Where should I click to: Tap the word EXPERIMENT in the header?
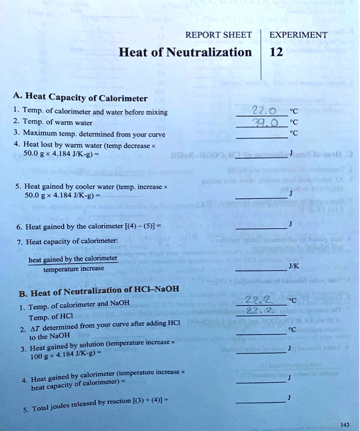pos(298,35)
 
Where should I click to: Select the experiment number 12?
pos(276,52)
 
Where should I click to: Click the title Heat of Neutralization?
pos(185,53)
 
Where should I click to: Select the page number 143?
pos(345,424)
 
